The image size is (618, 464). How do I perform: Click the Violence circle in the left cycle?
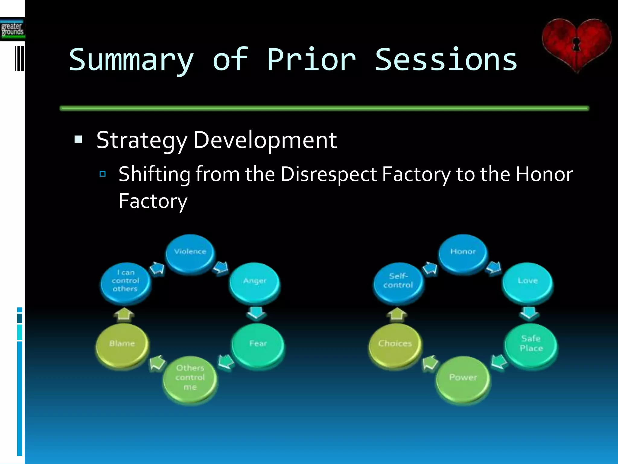[x=190, y=254]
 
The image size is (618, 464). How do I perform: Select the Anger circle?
[x=254, y=282]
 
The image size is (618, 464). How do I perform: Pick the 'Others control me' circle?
[x=190, y=379]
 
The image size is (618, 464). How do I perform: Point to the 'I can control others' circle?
[x=126, y=282]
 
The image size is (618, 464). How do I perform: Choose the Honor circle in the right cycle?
[x=463, y=254]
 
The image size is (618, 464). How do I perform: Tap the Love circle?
[x=527, y=282]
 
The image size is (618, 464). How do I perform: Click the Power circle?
[x=463, y=379]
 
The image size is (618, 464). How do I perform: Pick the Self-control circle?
[x=398, y=282]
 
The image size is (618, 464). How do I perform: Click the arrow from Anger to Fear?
[x=256, y=313]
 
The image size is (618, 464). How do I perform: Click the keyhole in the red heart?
[x=576, y=44]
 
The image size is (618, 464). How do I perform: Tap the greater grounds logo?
[x=12, y=30]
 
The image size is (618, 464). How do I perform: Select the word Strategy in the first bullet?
[x=142, y=140]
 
